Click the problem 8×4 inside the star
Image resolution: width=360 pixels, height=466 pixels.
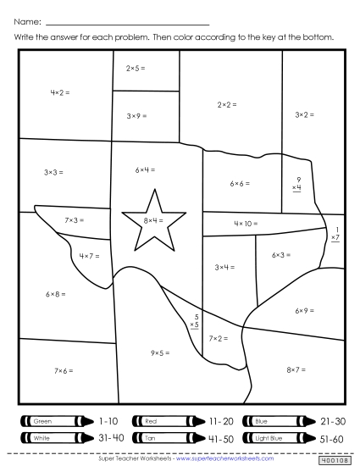(153, 220)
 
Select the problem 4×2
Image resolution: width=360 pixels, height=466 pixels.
(60, 92)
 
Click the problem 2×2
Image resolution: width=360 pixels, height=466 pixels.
(226, 105)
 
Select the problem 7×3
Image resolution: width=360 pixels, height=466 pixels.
(75, 220)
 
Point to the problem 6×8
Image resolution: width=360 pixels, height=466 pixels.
(55, 294)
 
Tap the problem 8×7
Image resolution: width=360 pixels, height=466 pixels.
(296, 369)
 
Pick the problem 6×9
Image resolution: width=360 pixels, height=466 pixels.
(305, 312)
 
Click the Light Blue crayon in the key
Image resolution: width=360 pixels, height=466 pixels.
(277, 438)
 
